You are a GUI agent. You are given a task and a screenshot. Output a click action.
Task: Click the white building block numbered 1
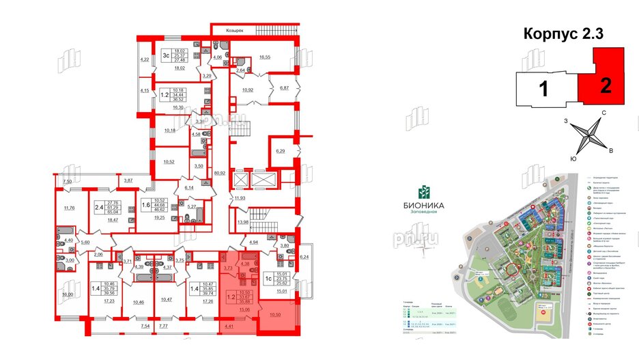[545, 89]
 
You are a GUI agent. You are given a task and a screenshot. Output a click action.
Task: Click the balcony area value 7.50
[67, 181]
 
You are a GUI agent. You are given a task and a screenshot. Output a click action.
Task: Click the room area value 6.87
[283, 89]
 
